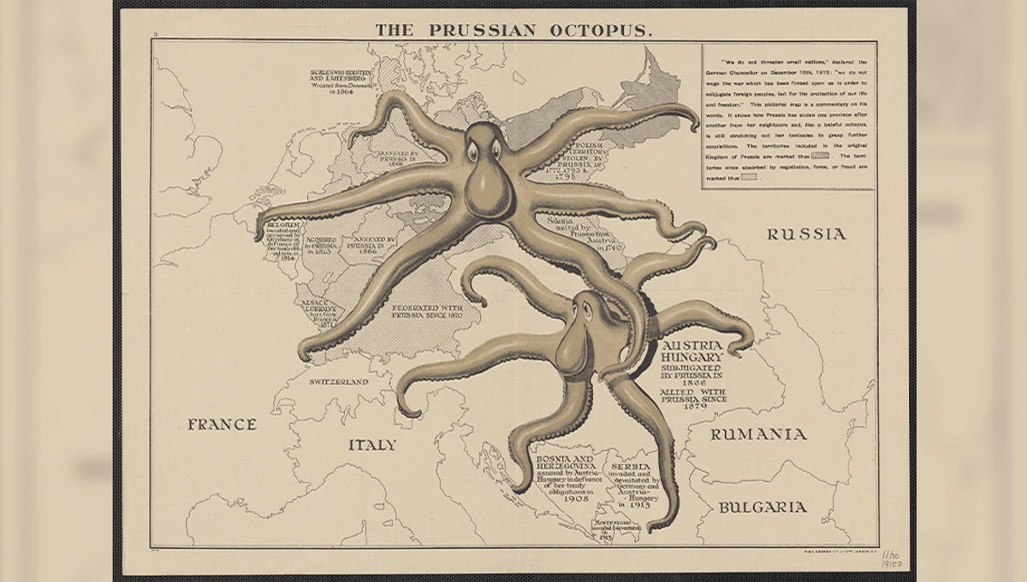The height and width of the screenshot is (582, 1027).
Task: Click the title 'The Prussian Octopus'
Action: pos(513,30)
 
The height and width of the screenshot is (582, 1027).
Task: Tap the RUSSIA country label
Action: pos(805,234)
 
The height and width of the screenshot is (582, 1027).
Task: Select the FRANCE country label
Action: pos(222,424)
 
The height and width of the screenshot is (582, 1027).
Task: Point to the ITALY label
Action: pos(371,445)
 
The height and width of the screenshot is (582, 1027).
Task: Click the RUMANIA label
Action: pos(758,434)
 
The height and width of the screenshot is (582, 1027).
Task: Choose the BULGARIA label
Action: pos(762,507)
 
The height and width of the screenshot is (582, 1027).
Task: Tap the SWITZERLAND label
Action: pos(339,381)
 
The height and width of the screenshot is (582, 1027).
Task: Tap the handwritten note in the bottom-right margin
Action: pos(893,561)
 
